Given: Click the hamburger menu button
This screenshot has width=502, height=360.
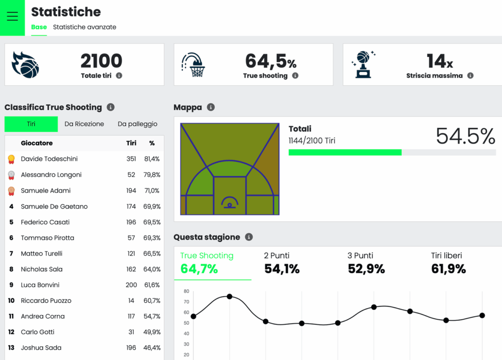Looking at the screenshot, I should pos(12,17).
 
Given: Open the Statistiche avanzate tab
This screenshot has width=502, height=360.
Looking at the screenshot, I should pos(84,27).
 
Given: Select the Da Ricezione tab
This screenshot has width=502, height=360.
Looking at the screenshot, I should pos(84,124).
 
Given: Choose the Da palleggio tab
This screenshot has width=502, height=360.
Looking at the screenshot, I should pos(137,124).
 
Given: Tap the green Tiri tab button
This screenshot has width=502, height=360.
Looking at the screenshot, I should pos(31,124).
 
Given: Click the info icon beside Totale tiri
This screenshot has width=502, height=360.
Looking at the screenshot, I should pos(119,76).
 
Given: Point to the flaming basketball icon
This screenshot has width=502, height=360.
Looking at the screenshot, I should pos(25,65).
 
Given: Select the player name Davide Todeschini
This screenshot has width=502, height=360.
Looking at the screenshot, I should pos(49,159).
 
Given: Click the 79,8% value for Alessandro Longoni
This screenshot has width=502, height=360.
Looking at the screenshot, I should pos(151,175).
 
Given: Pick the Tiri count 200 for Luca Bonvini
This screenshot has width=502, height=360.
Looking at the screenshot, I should pos(131,285).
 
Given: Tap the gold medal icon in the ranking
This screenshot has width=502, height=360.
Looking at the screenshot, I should pos(11,159).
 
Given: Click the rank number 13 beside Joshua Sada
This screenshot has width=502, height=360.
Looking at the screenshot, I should pos(11,348).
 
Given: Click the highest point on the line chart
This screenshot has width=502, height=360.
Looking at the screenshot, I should pos(229,297).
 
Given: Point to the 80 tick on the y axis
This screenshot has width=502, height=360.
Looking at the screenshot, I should pos(186,291).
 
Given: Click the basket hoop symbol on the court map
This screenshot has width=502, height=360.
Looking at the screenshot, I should pos(229,202).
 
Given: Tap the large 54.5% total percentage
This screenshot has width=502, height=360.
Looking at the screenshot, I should pos(465,136).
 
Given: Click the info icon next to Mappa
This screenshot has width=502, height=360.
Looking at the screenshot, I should pos(211,107).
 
